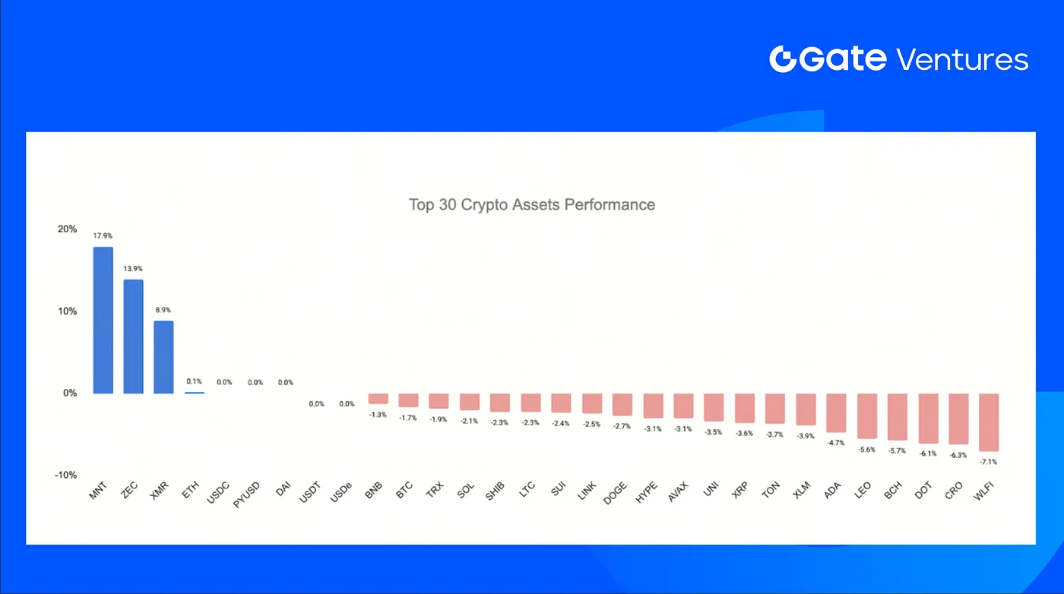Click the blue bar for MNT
click(103, 320)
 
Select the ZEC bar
click(133, 336)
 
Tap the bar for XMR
click(163, 357)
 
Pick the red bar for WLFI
click(989, 422)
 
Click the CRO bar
click(958, 419)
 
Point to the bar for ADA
click(836, 412)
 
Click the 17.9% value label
click(103, 235)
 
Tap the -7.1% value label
click(989, 462)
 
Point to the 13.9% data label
click(133, 269)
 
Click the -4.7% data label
click(836, 443)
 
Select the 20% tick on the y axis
click(67, 229)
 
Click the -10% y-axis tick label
click(65, 476)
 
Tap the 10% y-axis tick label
click(67, 311)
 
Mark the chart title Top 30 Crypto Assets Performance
click(531, 204)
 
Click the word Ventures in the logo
click(962, 59)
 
